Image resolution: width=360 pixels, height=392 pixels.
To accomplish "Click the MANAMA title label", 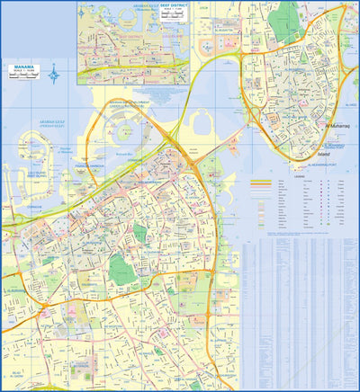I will [x=23, y=67].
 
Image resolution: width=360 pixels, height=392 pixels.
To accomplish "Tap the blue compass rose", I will [x=54, y=72].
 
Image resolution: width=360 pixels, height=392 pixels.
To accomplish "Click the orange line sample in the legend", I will [x=262, y=182].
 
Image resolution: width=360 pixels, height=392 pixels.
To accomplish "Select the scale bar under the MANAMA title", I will [x=23, y=76].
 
